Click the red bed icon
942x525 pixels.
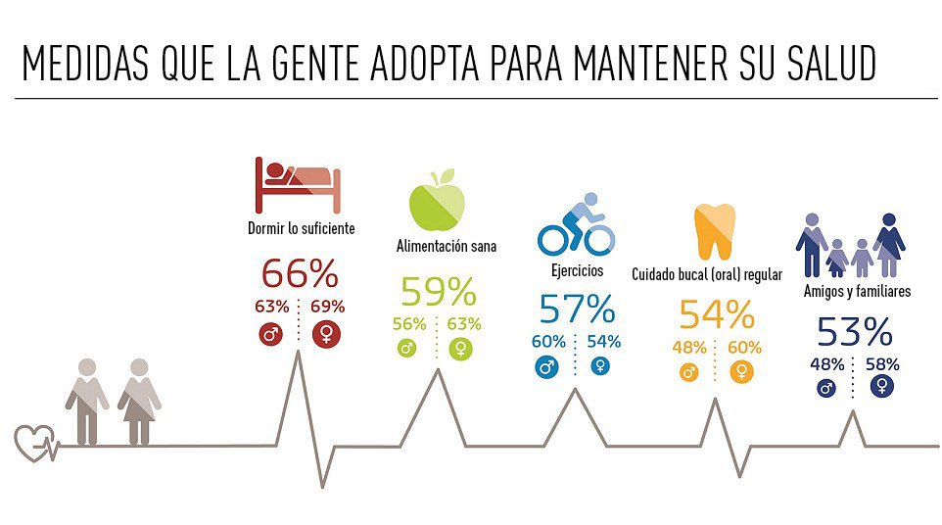coord(299,185)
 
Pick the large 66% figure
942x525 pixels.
coord(299,273)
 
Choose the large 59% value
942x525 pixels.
coord(438,291)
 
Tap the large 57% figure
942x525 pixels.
coord(577,310)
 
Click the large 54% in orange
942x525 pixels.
coord(716,314)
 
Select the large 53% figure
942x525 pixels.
coord(855,333)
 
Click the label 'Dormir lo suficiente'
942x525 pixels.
coord(301,229)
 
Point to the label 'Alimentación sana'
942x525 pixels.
coord(446,247)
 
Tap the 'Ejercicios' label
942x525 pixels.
coord(577,270)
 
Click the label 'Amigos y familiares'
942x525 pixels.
coord(857,292)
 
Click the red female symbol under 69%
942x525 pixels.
coord(327,335)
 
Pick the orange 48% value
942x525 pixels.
coord(689,347)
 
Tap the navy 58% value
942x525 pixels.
coord(882,364)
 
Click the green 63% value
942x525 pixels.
coord(464,324)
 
